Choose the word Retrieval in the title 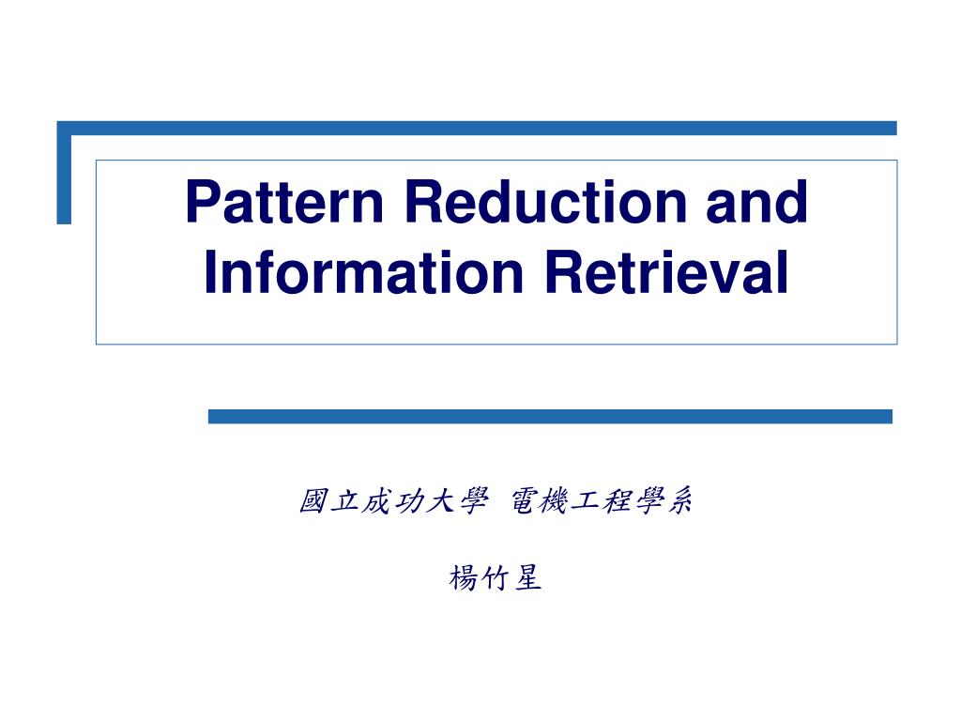click(665, 272)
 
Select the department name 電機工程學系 click(602, 502)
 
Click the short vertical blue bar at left click(64, 178)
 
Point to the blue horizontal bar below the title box click(550, 416)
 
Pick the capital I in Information click(211, 272)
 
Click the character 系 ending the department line click(679, 502)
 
